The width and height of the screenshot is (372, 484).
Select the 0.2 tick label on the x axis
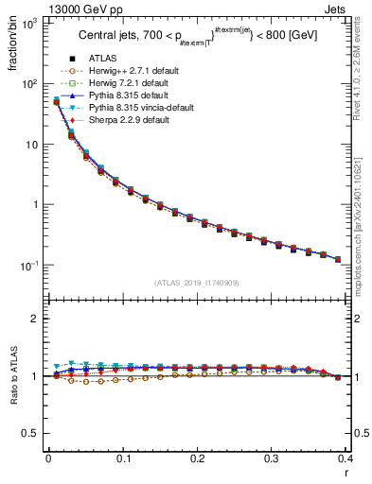click(197, 458)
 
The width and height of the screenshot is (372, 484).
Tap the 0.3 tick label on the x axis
click(272, 458)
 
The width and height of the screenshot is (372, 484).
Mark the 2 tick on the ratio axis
click(37, 319)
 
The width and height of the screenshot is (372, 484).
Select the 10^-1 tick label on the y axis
click(31, 266)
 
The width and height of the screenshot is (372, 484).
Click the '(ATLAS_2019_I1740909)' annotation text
click(197, 283)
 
